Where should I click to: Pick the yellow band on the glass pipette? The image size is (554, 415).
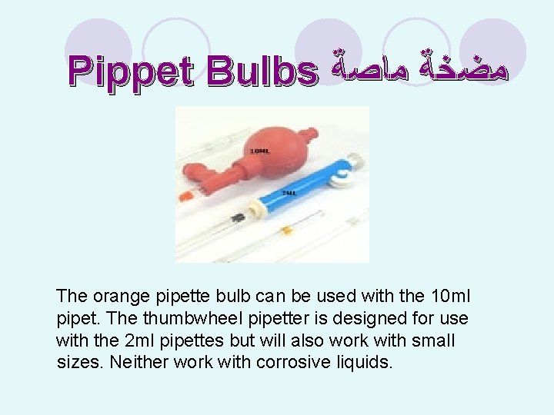[x=288, y=230]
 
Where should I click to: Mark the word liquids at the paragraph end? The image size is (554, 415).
[x=365, y=362]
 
